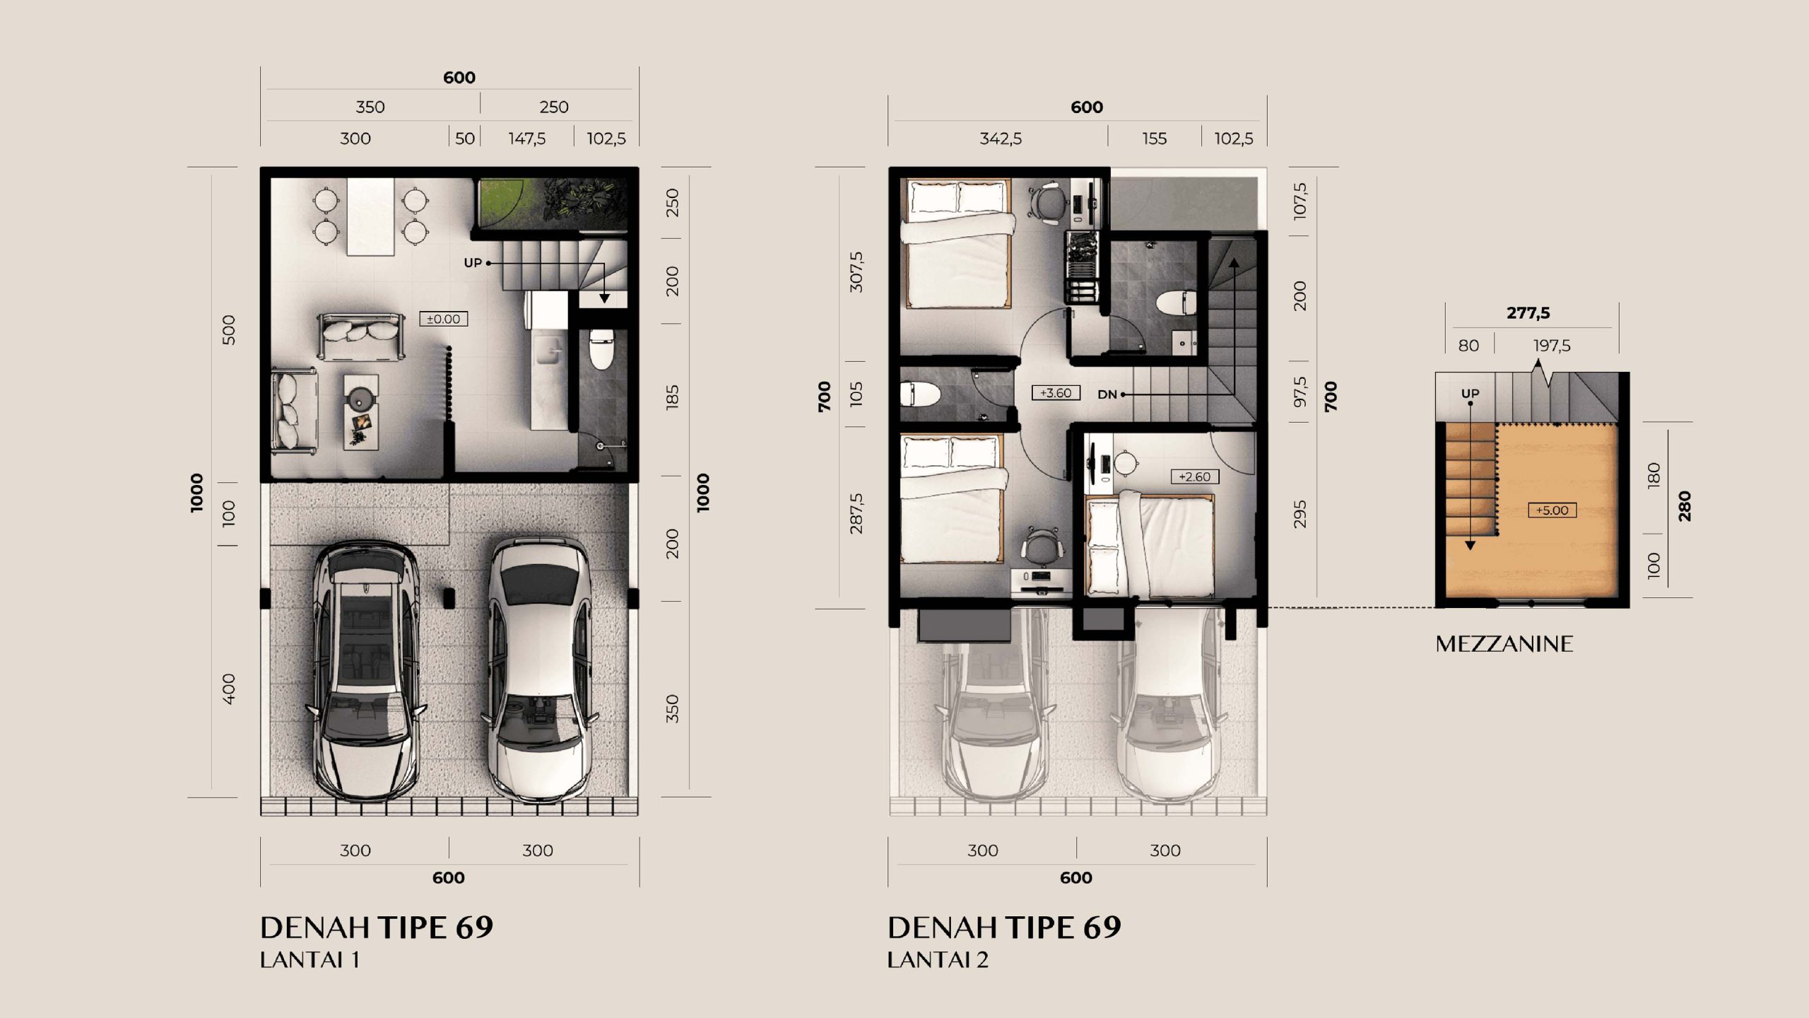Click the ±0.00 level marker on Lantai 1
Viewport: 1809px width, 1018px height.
click(x=444, y=319)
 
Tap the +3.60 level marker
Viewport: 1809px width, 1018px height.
click(x=1056, y=393)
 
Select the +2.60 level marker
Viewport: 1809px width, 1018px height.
click(x=1194, y=476)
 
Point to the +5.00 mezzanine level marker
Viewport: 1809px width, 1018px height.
click(x=1552, y=510)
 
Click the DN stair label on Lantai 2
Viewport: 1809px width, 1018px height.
click(x=1107, y=394)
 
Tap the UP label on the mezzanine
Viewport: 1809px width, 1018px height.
click(x=1471, y=393)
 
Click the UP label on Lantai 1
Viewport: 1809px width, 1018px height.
click(x=473, y=263)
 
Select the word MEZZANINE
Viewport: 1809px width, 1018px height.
click(x=1504, y=643)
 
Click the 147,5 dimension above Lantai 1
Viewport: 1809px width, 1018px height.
click(x=527, y=139)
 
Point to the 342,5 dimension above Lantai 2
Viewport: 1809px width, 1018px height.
click(x=1001, y=139)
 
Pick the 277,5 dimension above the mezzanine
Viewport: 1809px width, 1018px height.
click(x=1528, y=312)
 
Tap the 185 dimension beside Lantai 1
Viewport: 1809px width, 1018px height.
click(x=672, y=397)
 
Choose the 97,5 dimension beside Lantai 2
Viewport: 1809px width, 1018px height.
click(x=1300, y=392)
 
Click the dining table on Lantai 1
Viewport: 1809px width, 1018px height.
click(x=370, y=216)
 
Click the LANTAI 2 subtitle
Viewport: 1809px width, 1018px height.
click(x=938, y=960)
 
